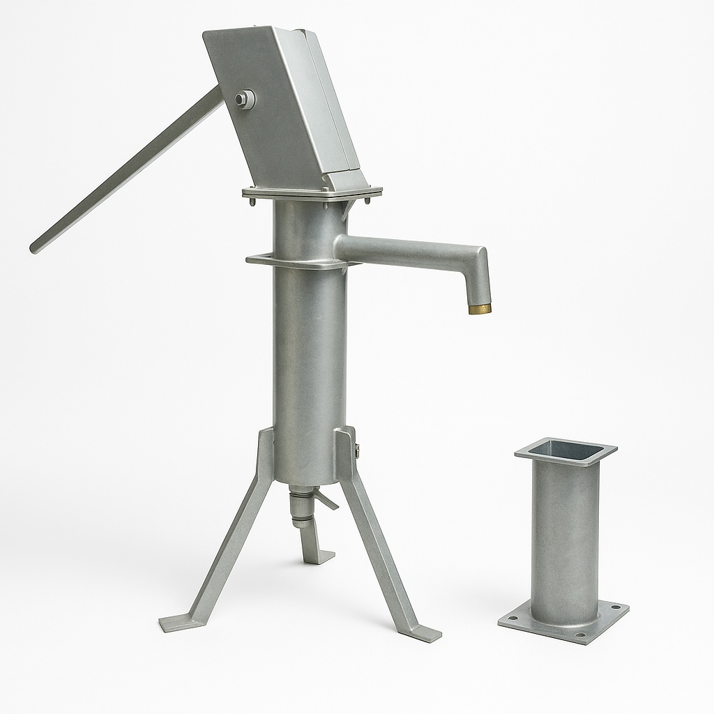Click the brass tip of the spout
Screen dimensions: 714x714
coord(479,308)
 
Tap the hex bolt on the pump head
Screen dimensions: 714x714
coord(243,100)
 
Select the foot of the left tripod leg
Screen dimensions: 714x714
coord(174,623)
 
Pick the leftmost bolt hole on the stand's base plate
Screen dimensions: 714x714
coord(513,617)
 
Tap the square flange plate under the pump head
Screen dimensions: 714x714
coord(312,192)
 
